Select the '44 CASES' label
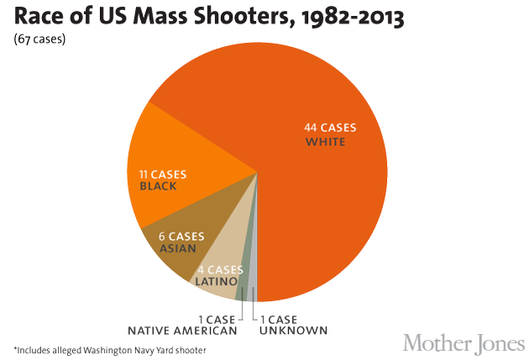(330, 128)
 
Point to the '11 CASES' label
(163, 174)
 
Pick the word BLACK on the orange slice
(159, 186)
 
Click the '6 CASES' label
(181, 236)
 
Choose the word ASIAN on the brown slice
(178, 248)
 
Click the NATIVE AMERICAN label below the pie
(182, 331)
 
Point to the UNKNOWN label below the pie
(293, 331)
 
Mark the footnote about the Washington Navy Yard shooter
(109, 350)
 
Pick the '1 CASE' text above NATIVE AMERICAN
(217, 319)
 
